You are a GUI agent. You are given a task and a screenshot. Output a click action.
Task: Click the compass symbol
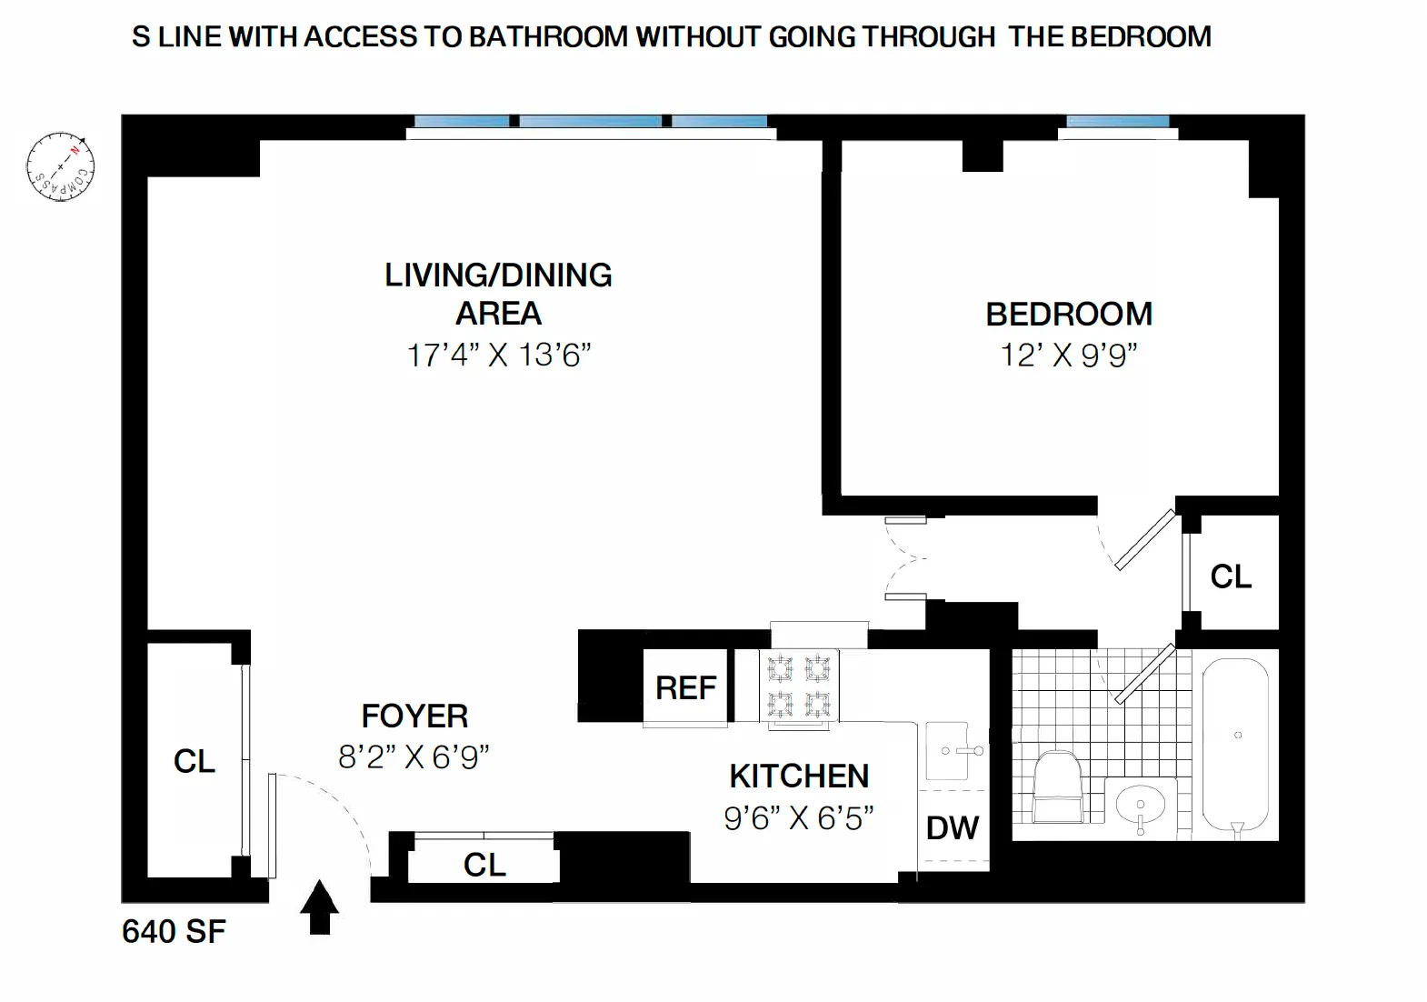point(61,166)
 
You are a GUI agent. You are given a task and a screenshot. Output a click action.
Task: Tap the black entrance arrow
point(319,907)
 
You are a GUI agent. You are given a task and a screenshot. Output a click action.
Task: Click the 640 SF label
point(174,932)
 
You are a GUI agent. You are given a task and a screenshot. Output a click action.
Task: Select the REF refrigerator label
point(686,688)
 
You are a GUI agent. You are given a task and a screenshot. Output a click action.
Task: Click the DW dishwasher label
point(952,828)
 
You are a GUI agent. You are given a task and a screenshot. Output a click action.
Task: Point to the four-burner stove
point(799,687)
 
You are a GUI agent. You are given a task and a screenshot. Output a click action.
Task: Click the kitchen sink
point(953,751)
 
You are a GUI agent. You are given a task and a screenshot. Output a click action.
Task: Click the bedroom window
point(1117,122)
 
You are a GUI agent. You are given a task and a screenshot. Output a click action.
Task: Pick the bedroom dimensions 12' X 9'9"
point(1069,356)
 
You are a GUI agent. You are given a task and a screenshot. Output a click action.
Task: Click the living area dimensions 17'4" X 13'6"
point(498,356)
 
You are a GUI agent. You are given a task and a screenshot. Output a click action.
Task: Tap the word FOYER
point(414,716)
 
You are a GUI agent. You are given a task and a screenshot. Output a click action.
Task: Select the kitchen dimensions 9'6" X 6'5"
point(798,818)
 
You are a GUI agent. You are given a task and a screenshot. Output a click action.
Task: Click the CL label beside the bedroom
point(1231,576)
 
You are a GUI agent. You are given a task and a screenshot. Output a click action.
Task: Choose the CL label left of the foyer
point(194,762)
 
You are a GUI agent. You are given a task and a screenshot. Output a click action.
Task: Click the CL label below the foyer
point(484,865)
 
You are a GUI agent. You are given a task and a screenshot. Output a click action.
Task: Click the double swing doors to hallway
point(904,558)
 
